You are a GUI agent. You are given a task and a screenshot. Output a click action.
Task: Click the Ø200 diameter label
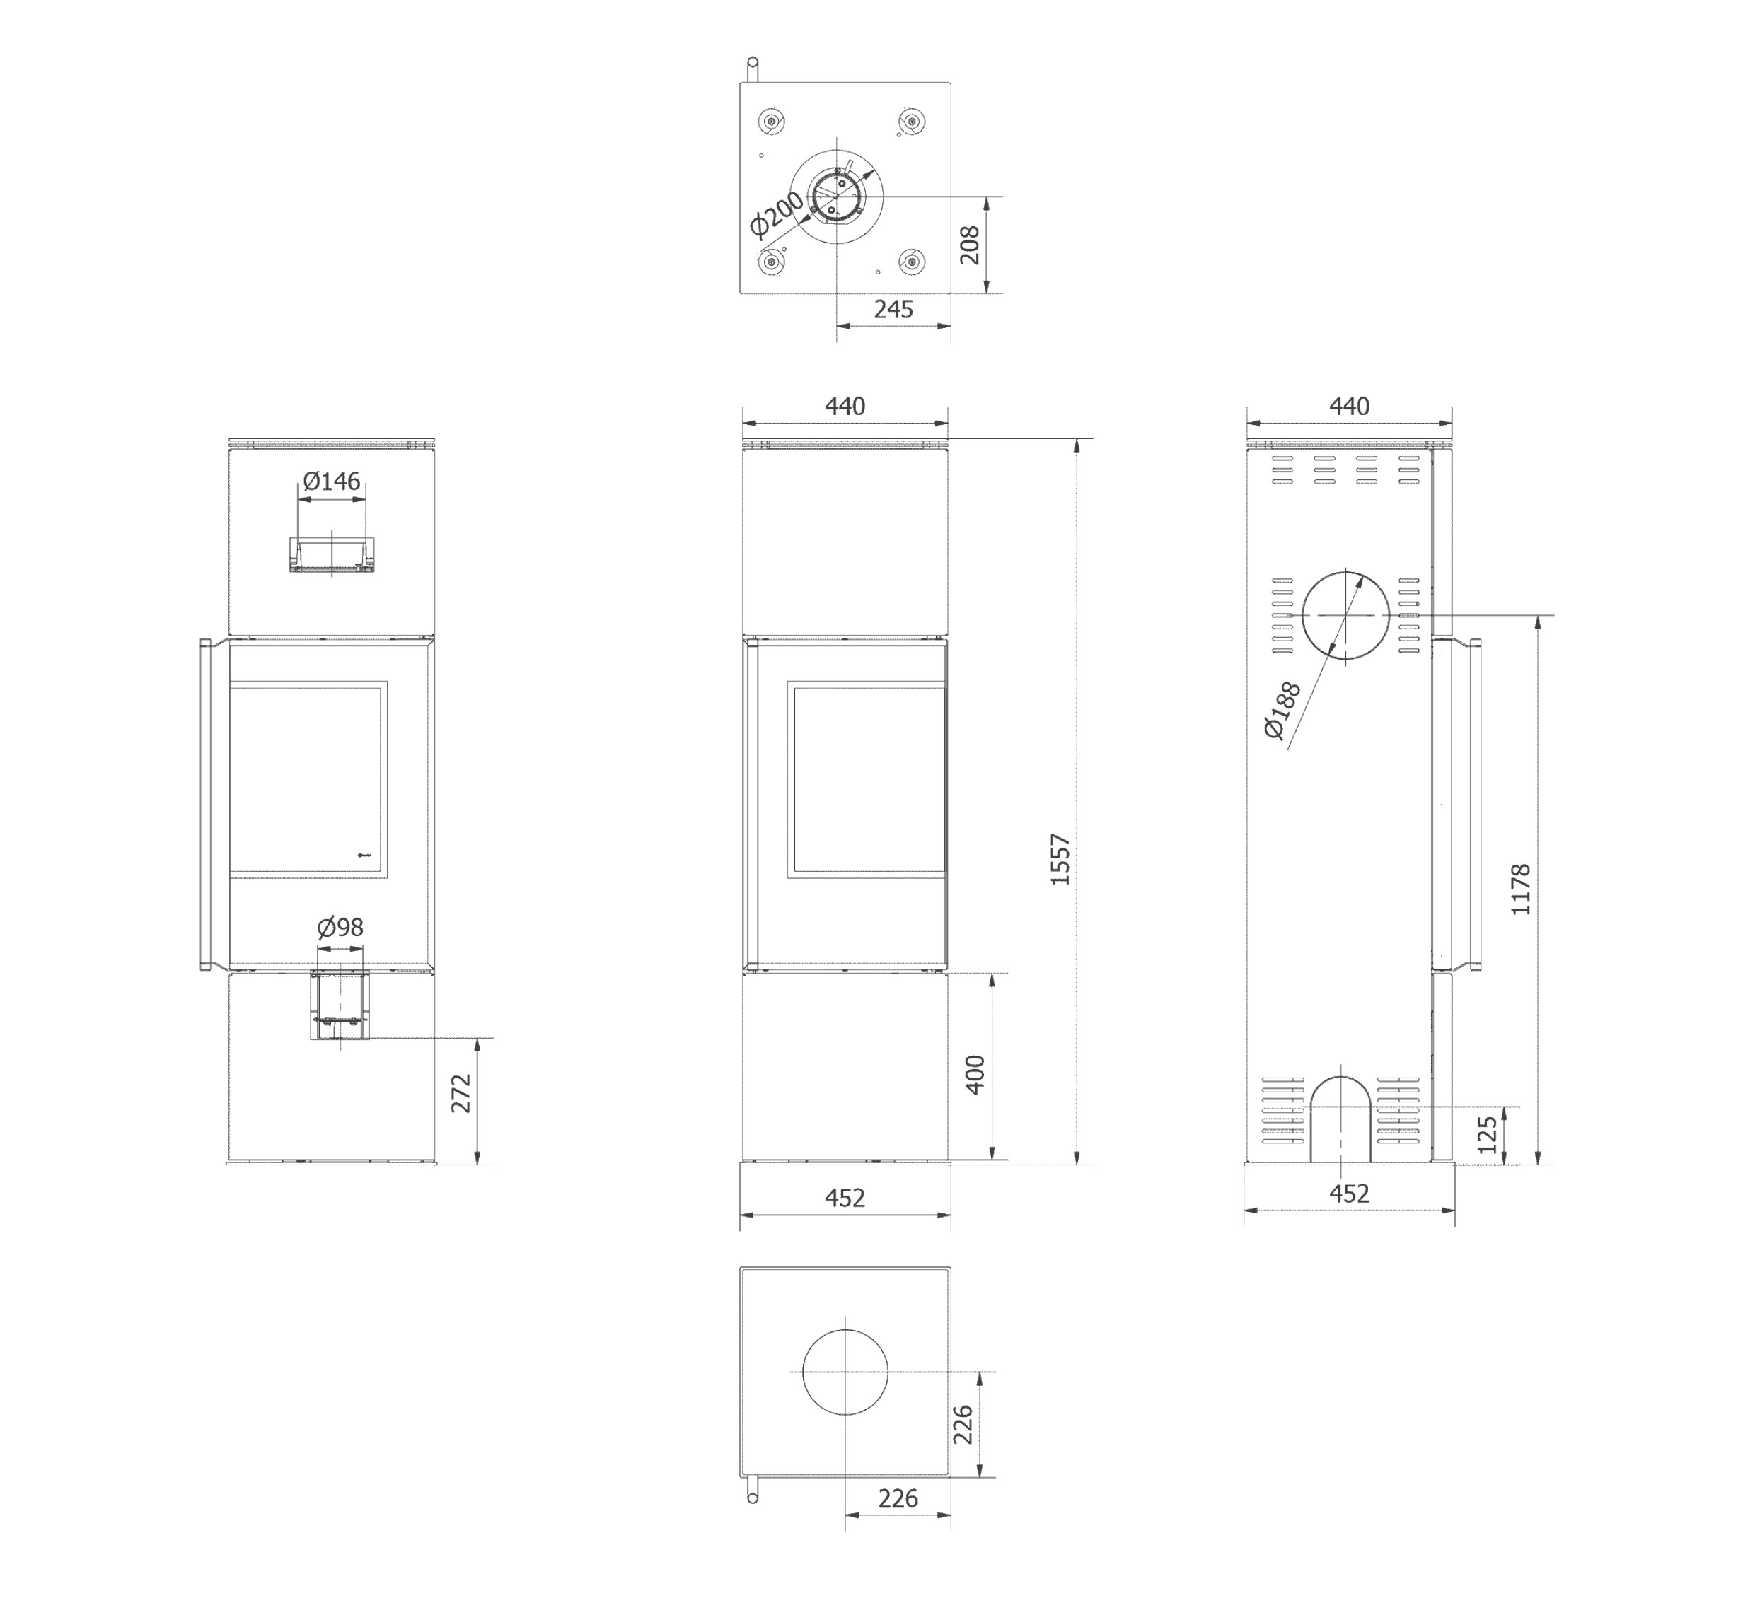(777, 214)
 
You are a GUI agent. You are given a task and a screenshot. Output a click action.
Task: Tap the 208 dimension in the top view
(969, 245)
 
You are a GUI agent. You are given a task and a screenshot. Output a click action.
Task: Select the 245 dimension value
(893, 309)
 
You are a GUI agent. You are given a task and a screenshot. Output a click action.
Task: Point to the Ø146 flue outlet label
(332, 482)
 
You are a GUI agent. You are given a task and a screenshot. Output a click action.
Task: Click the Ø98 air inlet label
(340, 927)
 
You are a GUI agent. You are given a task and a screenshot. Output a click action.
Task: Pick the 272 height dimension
(461, 1093)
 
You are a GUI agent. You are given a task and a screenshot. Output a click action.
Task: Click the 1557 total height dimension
(1060, 860)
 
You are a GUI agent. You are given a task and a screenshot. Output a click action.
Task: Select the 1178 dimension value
(1520, 889)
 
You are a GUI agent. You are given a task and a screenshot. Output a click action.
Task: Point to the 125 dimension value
(1488, 1135)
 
